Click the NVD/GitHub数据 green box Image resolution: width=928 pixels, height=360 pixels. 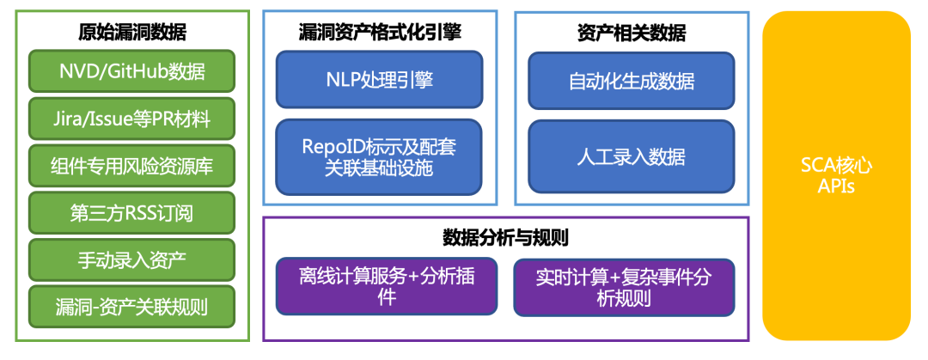(x=131, y=71)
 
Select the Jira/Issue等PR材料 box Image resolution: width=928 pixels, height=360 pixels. (x=131, y=119)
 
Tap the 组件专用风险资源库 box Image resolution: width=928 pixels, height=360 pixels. (x=131, y=166)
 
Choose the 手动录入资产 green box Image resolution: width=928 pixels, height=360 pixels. (x=131, y=259)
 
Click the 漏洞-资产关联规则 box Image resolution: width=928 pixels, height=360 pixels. (x=131, y=306)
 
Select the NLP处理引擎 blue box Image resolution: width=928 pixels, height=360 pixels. (x=378, y=81)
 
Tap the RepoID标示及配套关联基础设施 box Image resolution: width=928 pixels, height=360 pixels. (x=378, y=157)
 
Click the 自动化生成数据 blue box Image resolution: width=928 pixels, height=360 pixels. (x=631, y=81)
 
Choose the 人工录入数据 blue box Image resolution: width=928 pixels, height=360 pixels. (x=631, y=157)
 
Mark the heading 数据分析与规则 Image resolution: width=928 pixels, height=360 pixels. (x=505, y=237)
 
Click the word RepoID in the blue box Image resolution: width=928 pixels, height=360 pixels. (x=333, y=147)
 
